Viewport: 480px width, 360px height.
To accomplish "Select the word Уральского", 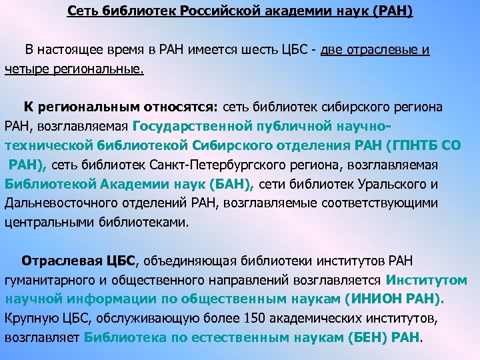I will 396,184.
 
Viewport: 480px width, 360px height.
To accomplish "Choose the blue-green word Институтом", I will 435,280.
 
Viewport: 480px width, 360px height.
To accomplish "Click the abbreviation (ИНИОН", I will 369,299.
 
